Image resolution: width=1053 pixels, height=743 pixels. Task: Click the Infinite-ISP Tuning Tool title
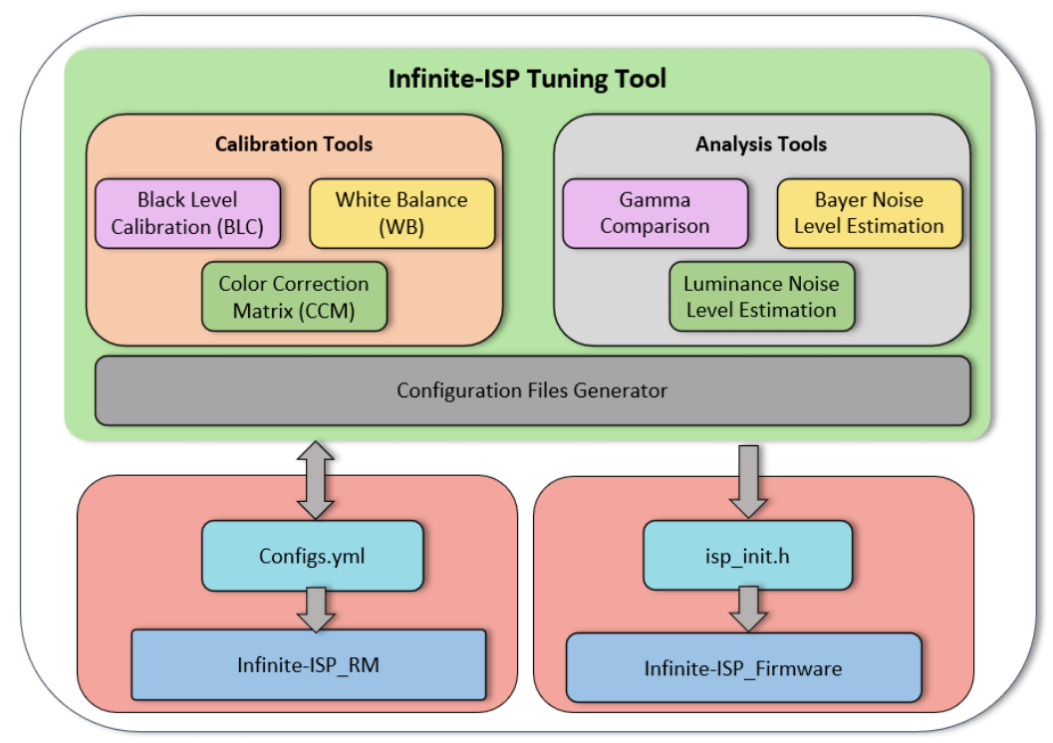coord(527,78)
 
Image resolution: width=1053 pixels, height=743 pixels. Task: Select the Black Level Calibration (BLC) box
coord(187,213)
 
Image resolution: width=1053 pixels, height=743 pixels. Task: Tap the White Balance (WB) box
coord(401,213)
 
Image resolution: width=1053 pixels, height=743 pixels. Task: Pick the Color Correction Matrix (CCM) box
coord(294,297)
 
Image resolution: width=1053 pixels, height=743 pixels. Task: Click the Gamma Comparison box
coord(655,213)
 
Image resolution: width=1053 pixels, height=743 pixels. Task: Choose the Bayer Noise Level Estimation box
coord(869,213)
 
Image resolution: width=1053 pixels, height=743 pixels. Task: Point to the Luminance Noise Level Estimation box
coord(761,297)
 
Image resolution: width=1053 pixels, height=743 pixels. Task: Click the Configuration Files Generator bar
coord(532,390)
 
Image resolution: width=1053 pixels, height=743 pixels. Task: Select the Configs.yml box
coord(313,556)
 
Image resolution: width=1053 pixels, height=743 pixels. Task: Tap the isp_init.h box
coord(747,556)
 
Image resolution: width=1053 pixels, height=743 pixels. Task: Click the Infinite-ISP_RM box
coord(309,664)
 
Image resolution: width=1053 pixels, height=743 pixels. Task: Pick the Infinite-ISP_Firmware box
coord(743,668)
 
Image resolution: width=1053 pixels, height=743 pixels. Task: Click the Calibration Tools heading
coord(294,144)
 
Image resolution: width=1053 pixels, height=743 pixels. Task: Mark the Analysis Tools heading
coord(761,144)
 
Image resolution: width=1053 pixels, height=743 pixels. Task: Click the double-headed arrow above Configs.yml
coord(316,481)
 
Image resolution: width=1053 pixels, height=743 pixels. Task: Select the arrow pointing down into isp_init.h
coord(747,479)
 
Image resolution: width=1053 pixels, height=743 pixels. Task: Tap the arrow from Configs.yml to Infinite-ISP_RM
coord(316,609)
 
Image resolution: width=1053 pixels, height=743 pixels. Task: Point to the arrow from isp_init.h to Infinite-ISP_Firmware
coord(747,609)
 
